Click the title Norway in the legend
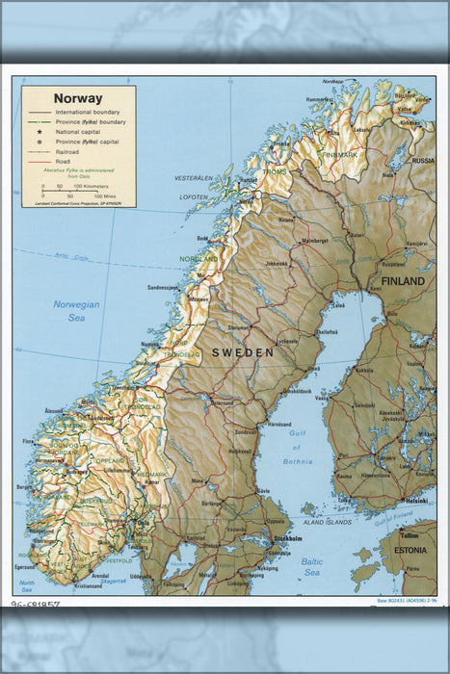click(78, 98)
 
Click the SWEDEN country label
click(243, 353)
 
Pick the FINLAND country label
click(402, 281)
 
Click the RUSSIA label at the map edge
click(423, 161)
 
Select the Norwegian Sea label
click(69, 310)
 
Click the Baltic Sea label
click(311, 566)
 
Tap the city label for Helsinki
click(416, 501)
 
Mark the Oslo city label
click(144, 525)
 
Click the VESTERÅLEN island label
click(194, 178)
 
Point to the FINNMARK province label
click(339, 154)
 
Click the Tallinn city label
click(410, 534)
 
